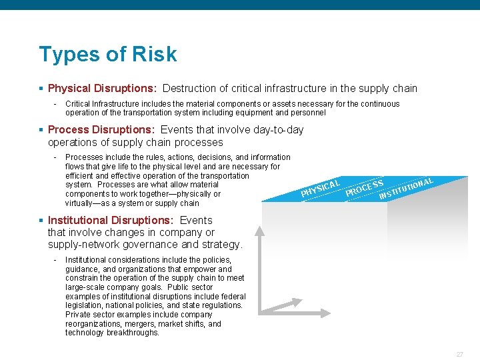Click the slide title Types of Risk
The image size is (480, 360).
[x=108, y=54]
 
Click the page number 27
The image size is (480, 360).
[x=459, y=354]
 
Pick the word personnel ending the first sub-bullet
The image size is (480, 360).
[x=309, y=113]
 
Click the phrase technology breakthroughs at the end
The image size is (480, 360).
[x=112, y=333]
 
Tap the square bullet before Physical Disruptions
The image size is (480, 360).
[x=41, y=89]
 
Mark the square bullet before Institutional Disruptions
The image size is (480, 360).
[x=41, y=221]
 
